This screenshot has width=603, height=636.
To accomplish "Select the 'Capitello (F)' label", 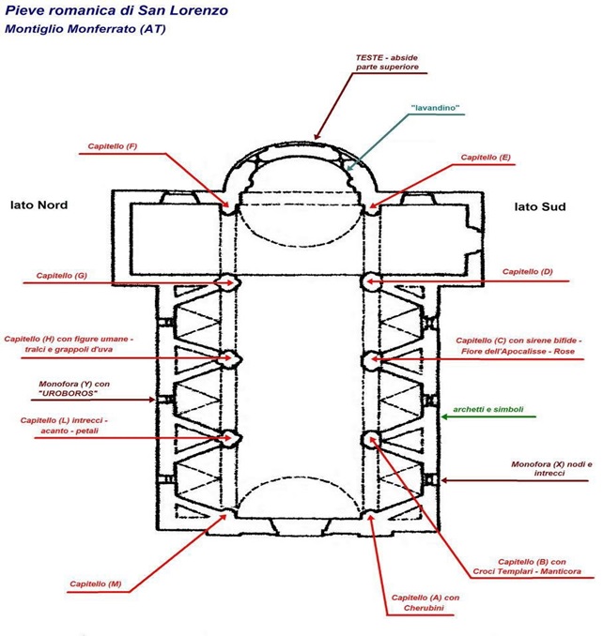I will click(x=113, y=147).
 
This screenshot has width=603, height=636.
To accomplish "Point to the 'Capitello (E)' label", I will click(x=486, y=158).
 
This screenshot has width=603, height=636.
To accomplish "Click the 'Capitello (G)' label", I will click(x=62, y=276).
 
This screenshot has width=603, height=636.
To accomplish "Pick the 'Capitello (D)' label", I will click(x=528, y=271).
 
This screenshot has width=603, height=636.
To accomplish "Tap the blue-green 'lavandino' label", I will click(x=435, y=109).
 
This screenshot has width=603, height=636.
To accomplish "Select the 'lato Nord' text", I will click(x=39, y=204).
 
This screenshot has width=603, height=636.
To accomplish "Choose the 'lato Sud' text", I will click(x=539, y=206).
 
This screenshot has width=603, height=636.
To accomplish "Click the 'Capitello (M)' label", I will click(x=96, y=583).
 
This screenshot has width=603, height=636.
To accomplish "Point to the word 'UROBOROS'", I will click(x=75, y=394).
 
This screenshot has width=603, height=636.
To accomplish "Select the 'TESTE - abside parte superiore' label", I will click(x=387, y=63).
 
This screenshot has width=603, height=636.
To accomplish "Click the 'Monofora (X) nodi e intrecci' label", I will click(x=550, y=468).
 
